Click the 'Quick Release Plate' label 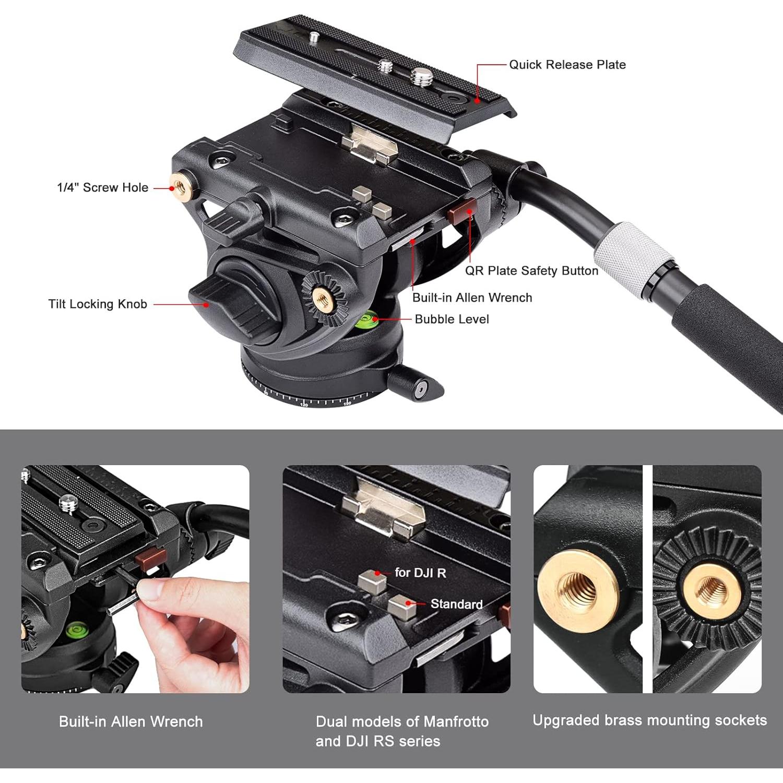[x=567, y=65]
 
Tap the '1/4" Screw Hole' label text [x=102, y=187]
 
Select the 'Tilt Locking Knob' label [x=98, y=304]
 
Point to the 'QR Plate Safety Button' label [x=531, y=270]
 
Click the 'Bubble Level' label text [x=452, y=319]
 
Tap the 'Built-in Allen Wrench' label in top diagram [x=472, y=298]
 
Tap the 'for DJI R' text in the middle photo [x=420, y=573]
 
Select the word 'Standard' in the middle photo [x=456, y=604]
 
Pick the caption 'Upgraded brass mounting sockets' [x=649, y=720]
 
